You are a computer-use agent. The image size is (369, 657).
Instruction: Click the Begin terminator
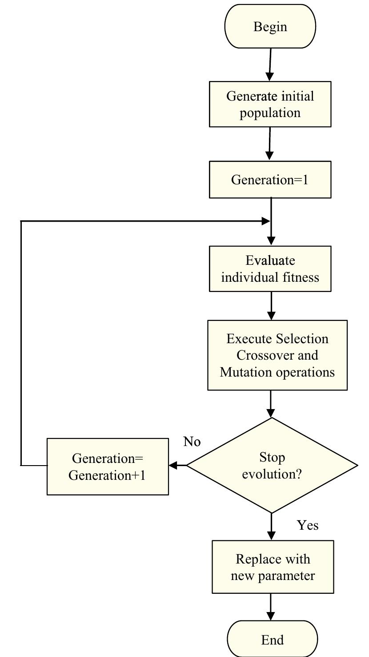click(270, 26)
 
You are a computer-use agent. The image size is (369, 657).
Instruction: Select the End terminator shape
click(273, 639)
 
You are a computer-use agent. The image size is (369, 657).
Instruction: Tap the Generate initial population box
click(270, 104)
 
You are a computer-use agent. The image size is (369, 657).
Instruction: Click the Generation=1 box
click(270, 179)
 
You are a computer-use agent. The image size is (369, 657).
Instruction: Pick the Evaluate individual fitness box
click(270, 269)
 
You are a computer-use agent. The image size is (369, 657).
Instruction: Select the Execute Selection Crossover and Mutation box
click(277, 355)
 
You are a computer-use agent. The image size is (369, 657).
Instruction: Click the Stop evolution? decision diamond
click(272, 465)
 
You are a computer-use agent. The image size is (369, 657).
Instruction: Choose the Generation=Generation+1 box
click(108, 466)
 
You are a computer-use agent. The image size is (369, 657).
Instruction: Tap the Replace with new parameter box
click(273, 567)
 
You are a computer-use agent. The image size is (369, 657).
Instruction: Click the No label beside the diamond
click(192, 442)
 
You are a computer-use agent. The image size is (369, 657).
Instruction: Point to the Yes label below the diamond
click(308, 525)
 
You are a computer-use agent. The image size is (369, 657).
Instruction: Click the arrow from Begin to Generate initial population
click(270, 65)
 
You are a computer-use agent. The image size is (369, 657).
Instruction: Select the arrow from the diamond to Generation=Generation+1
click(178, 465)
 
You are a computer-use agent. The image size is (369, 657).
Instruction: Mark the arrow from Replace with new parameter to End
click(271, 607)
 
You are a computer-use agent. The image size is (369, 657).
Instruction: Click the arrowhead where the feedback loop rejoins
click(266, 221)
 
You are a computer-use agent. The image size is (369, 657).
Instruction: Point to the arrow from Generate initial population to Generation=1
click(269, 144)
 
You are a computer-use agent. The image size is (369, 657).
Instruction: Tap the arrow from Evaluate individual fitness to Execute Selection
click(272, 306)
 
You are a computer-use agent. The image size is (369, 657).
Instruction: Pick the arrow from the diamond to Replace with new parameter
click(272, 527)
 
